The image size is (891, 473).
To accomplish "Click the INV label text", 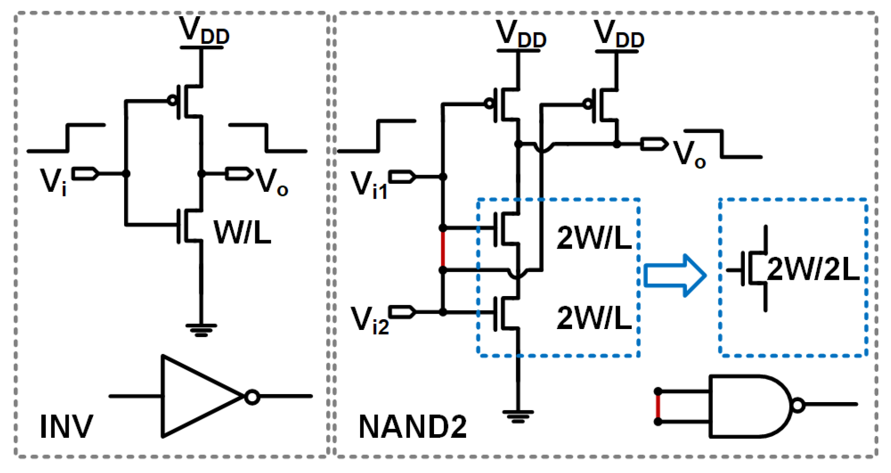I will pos(66,426).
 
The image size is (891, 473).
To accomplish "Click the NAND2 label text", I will pos(412,427).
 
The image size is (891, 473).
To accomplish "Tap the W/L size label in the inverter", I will pos(242,233).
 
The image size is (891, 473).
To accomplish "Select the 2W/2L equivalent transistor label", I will pos(813,269).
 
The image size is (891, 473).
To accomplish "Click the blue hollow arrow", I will pos(675,275).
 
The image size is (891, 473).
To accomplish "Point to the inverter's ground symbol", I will pos(201,330).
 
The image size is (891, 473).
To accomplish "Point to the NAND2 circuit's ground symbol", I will pos(518,416).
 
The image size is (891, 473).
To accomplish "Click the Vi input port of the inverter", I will pos(85,174).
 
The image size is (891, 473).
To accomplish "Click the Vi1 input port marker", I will pos(402,176).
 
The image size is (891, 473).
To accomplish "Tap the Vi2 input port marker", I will pos(402,312).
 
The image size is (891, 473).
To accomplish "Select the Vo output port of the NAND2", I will pos(654,144).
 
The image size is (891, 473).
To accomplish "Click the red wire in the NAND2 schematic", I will pos(443,249).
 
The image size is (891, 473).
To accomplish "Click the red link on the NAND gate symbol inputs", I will pos(658,406).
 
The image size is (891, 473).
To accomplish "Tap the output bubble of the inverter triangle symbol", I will pos(252,397).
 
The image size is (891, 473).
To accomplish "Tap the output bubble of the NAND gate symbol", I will pos(798,405).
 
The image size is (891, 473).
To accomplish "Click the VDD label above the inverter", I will pos(204,31).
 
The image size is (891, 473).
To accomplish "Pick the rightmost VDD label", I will pos(619,34).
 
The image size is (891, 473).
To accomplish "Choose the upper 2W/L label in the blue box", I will pos(594,238).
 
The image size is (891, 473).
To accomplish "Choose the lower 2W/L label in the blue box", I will pos(594,318).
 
